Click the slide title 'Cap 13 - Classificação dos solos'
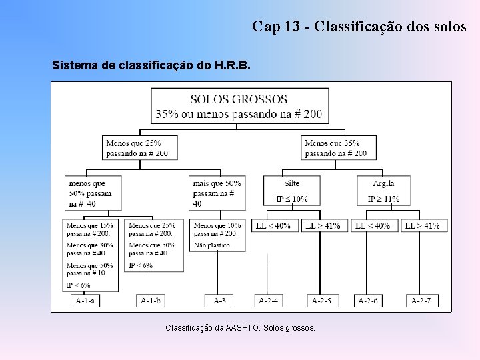tap(359, 27)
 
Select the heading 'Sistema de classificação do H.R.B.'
tap(151, 66)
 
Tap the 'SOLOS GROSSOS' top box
tap(239, 106)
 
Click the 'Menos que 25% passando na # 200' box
tap(137, 147)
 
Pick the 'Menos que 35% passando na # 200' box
tap(338, 147)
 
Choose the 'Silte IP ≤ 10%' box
tap(291, 191)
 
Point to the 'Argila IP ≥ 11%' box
tap(383, 191)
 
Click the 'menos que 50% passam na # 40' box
tap(93, 193)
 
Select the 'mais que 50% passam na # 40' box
tap(217, 193)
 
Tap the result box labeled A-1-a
tap(85, 301)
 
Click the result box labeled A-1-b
tap(151, 301)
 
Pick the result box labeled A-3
tap(219, 301)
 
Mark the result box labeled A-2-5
tap(323, 301)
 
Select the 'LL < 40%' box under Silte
tap(274, 226)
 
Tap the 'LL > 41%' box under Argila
tap(422, 226)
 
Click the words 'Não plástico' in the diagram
tap(211, 245)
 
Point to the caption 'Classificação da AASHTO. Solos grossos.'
tap(240, 328)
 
